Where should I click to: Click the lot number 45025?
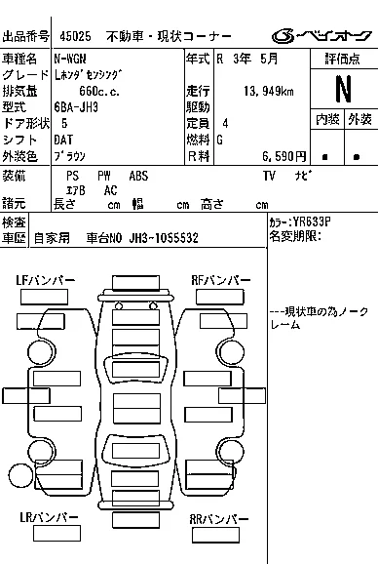tap(75, 36)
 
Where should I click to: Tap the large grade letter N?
tap(343, 89)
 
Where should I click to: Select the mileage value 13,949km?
tap(269, 92)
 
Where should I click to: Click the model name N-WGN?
tap(70, 59)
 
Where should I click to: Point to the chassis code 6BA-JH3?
tap(76, 107)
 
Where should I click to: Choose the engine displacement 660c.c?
tap(99, 92)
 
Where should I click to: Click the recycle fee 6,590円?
tap(283, 156)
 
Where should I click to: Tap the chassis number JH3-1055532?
tap(164, 238)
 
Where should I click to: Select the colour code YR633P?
tap(311, 222)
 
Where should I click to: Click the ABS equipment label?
tap(138, 176)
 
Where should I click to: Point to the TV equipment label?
tap(269, 176)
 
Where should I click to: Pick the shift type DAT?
tap(63, 140)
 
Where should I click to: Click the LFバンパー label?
tap(45, 280)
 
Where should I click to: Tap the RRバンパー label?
tap(218, 519)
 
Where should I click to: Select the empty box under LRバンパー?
tap(57, 533)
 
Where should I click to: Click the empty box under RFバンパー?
tap(220, 297)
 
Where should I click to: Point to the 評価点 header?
tap(343, 59)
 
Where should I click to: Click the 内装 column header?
tap(327, 119)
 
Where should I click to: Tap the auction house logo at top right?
tap(321, 36)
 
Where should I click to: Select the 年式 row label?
tap(198, 59)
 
